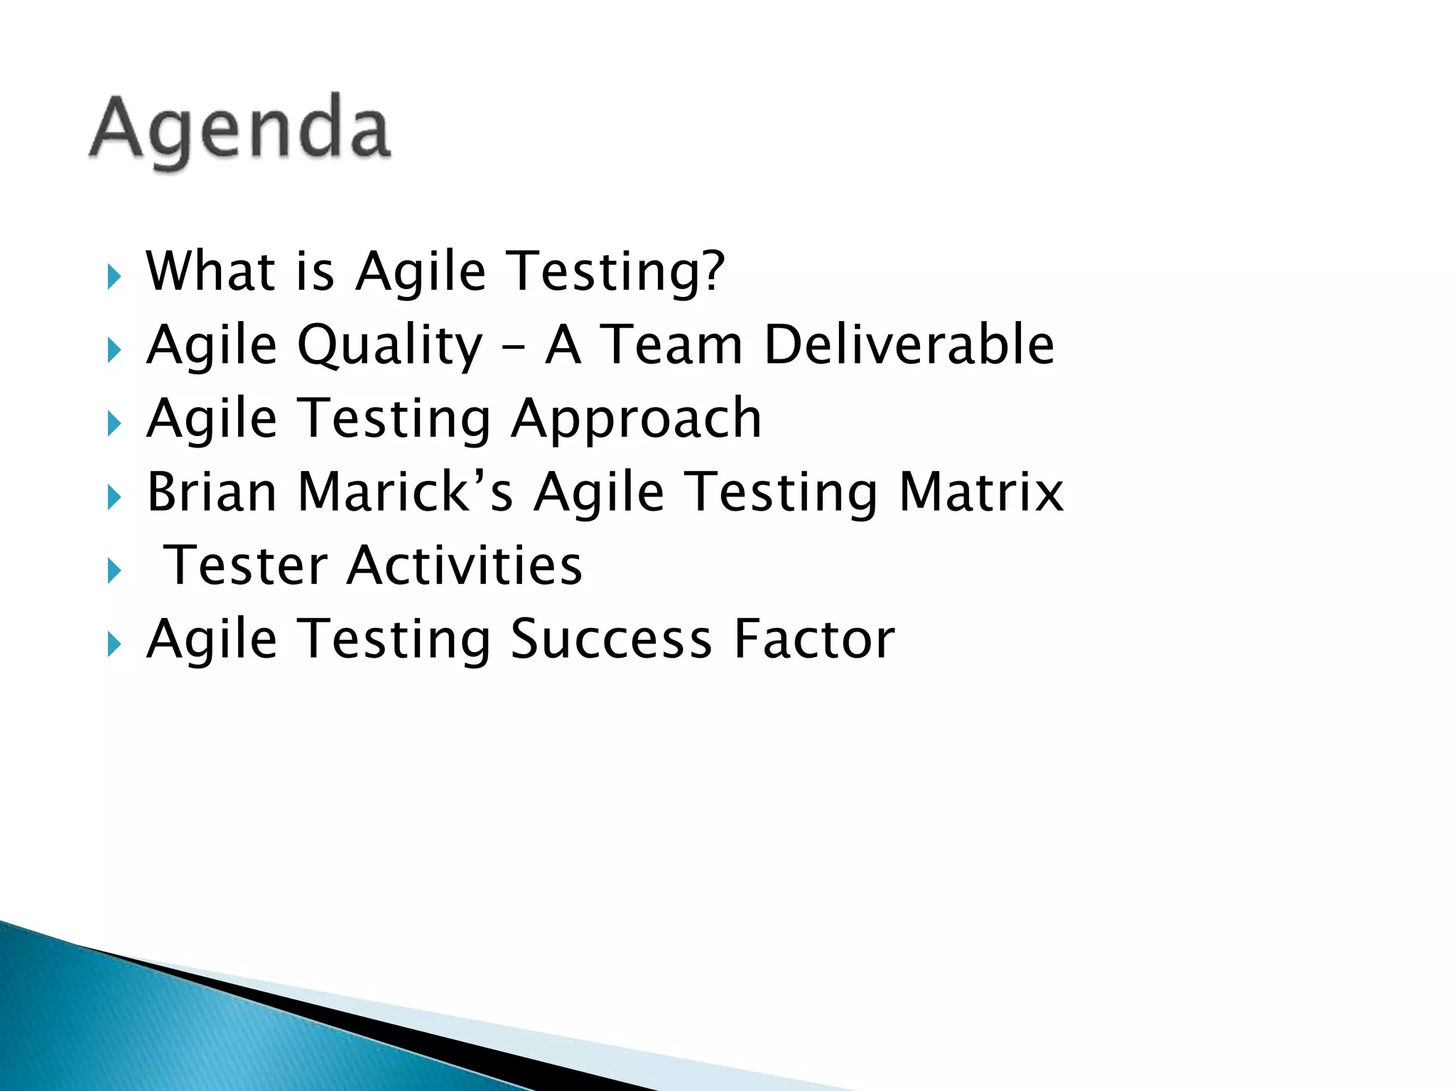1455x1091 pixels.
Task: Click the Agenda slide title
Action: pyautogui.click(x=240, y=130)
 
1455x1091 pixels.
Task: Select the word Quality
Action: pyautogui.click(x=389, y=346)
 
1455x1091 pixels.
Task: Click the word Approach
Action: pyautogui.click(x=636, y=419)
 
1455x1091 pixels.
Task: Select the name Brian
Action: pyautogui.click(x=211, y=492)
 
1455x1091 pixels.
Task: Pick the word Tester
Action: pyautogui.click(x=246, y=566)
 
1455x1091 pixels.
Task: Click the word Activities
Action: pyautogui.click(x=465, y=566)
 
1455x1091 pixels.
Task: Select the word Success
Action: pyautogui.click(x=611, y=639)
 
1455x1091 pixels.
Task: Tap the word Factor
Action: pyautogui.click(x=814, y=639)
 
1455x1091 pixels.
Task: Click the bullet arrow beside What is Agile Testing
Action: pyautogui.click(x=114, y=276)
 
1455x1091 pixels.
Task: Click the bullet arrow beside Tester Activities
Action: pyautogui.click(x=114, y=571)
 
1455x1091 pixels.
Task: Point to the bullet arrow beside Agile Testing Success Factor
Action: pyautogui.click(x=114, y=644)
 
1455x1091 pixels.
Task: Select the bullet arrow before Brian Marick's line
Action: pyautogui.click(x=114, y=497)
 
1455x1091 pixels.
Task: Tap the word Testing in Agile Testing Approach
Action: pyautogui.click(x=394, y=419)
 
